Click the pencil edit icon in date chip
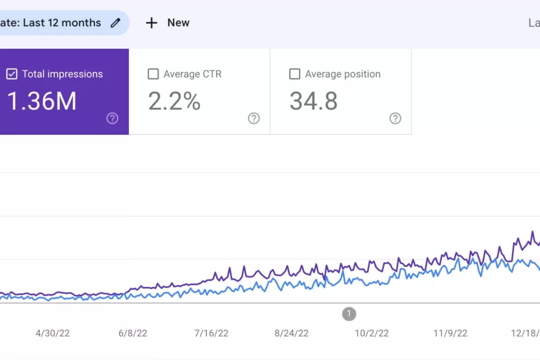pyautogui.click(x=116, y=23)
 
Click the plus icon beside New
pyautogui.click(x=152, y=23)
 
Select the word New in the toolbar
pyautogui.click(x=178, y=23)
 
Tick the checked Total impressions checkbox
pyautogui.click(x=12, y=74)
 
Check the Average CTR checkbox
pyautogui.click(x=153, y=74)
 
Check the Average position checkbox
pyautogui.click(x=295, y=74)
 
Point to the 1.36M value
pyautogui.click(x=42, y=102)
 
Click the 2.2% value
pyautogui.click(x=174, y=102)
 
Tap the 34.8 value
pyautogui.click(x=314, y=102)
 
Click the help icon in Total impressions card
pyautogui.click(x=113, y=118)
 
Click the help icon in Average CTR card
pyautogui.click(x=254, y=118)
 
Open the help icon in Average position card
pyautogui.click(x=395, y=118)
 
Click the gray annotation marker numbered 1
pyautogui.click(x=349, y=314)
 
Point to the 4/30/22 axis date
pyautogui.click(x=53, y=333)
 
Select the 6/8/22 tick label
pyautogui.click(x=133, y=333)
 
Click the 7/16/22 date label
pyautogui.click(x=211, y=333)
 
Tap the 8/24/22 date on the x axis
pyautogui.click(x=291, y=333)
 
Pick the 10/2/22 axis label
pyautogui.click(x=372, y=333)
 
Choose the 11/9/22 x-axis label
pyautogui.click(x=451, y=333)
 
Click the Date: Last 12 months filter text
pyautogui.click(x=51, y=23)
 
